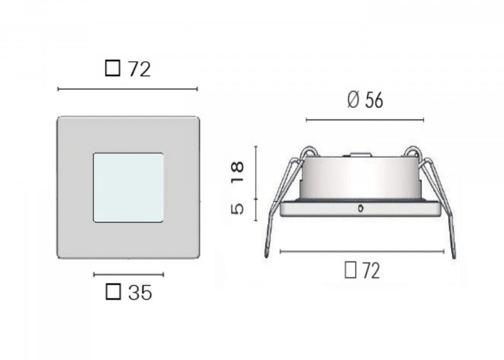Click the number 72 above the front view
click(x=139, y=70)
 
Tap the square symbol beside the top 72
click(x=112, y=70)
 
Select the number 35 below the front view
click(x=140, y=293)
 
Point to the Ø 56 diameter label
click(x=365, y=101)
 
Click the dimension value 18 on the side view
click(x=238, y=173)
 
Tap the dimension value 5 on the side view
click(x=238, y=209)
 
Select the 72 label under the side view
click(x=370, y=271)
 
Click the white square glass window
click(x=128, y=187)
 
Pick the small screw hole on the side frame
click(x=359, y=209)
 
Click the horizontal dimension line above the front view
click(x=127, y=89)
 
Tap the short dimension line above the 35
click(x=128, y=274)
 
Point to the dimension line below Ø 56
click(x=365, y=120)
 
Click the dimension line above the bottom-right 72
click(x=362, y=251)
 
